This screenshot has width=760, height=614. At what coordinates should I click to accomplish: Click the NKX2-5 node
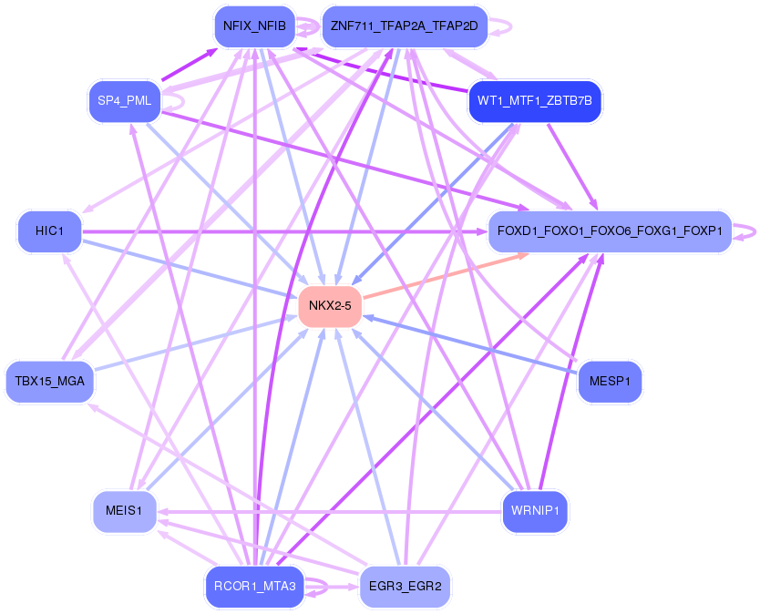click(x=330, y=305)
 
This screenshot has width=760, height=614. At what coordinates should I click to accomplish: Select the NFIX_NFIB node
click(x=254, y=26)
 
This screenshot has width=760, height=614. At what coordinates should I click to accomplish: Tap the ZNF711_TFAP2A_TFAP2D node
click(x=405, y=26)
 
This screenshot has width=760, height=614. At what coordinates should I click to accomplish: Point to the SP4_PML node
click(x=124, y=99)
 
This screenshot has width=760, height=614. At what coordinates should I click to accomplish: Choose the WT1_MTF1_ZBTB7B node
click(x=534, y=99)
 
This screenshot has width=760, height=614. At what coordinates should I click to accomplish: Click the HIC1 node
click(x=49, y=231)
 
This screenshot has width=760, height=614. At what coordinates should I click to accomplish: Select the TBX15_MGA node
click(x=50, y=381)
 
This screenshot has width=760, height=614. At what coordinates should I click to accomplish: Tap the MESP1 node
click(x=610, y=381)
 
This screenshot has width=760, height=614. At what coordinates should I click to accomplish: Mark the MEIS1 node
click(x=124, y=511)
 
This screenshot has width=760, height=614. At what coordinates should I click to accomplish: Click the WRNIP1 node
click(x=535, y=511)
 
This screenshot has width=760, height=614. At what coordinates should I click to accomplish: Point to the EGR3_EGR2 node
click(x=405, y=586)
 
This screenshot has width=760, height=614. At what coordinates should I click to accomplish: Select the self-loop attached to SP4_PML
click(x=174, y=99)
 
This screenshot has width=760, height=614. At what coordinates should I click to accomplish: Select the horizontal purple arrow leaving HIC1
click(x=273, y=232)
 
